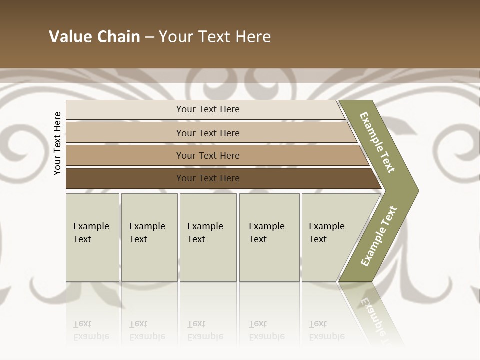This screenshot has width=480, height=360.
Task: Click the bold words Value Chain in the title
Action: tap(94, 37)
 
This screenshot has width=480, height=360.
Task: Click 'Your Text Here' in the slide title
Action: tap(215, 37)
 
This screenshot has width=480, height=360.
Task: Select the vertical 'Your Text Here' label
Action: tap(57, 143)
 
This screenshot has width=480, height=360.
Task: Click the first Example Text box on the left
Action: tap(92, 237)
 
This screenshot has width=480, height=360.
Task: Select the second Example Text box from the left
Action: tap(149, 237)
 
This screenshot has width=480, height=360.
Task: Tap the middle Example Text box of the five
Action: tap(208, 237)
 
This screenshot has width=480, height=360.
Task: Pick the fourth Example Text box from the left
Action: tap(269, 237)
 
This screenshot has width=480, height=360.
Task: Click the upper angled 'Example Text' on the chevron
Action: tap(377, 142)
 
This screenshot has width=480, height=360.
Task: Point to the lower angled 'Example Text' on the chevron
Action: tap(379, 236)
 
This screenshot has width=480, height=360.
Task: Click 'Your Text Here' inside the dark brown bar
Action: tap(208, 178)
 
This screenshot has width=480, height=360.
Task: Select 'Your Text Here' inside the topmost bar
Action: tap(208, 109)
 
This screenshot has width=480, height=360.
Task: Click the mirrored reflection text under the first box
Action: tap(91, 330)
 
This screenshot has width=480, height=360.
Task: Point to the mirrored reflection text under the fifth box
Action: tap(326, 330)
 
